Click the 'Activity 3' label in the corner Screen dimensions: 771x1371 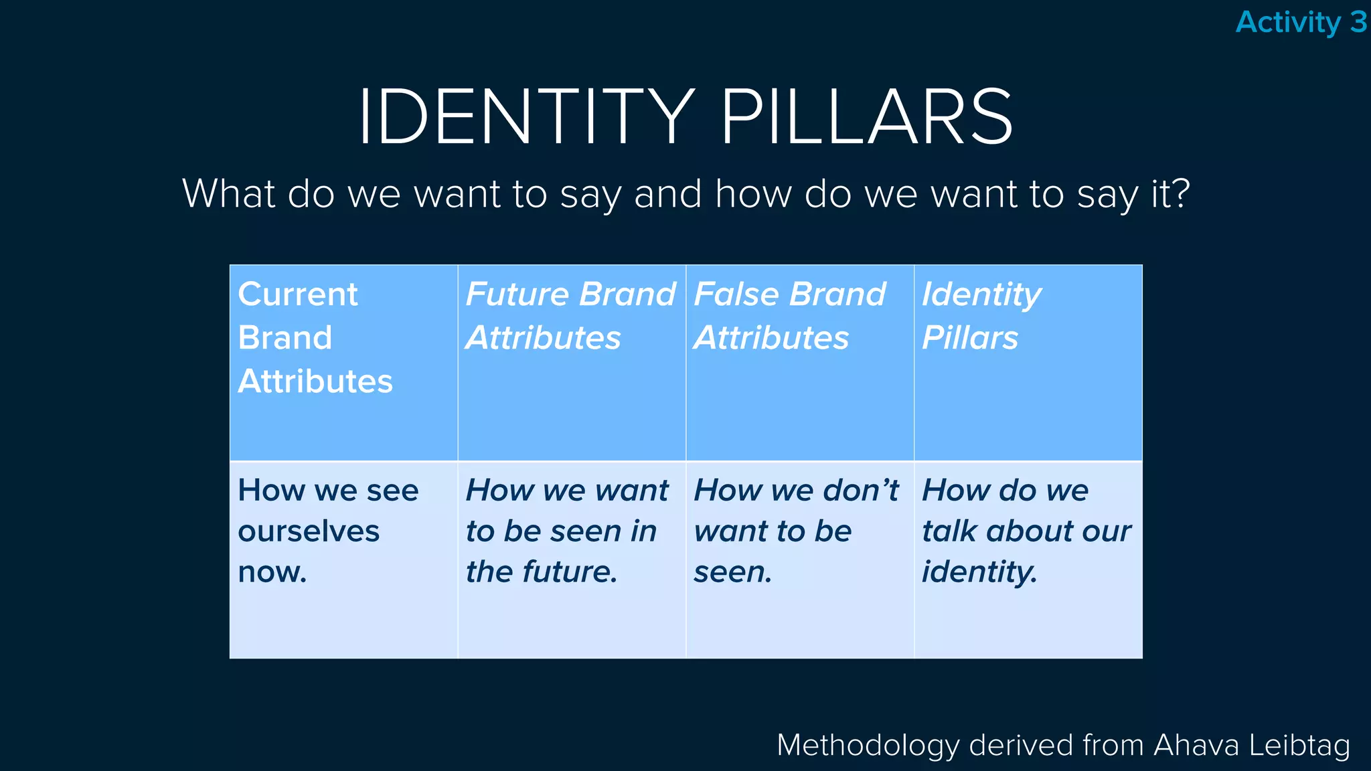(x=1300, y=22)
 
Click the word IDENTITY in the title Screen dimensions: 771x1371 (x=526, y=117)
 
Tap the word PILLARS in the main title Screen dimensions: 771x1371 (x=866, y=117)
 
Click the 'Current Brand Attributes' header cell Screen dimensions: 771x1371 (x=343, y=363)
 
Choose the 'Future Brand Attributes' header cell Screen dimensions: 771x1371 (x=572, y=363)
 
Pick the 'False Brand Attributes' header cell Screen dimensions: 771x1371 (x=799, y=363)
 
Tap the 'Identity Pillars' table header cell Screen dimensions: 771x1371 (x=1028, y=363)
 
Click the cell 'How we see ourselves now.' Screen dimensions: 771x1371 (x=343, y=560)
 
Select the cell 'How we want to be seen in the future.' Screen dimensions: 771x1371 (x=572, y=560)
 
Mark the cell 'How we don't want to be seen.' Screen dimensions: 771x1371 (x=799, y=560)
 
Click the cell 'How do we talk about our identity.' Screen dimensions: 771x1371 (x=1028, y=560)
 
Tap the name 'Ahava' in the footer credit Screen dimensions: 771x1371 (x=1196, y=746)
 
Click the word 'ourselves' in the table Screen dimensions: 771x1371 (x=309, y=531)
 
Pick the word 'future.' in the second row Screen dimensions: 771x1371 (x=570, y=572)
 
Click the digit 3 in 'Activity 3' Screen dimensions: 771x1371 (x=1358, y=22)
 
